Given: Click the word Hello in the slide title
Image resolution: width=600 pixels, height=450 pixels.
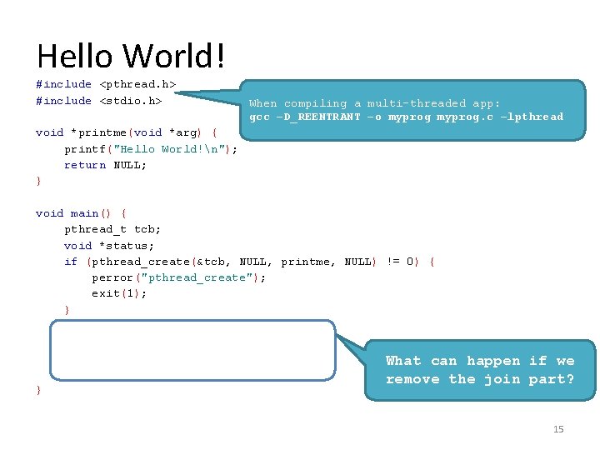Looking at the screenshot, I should (x=76, y=57).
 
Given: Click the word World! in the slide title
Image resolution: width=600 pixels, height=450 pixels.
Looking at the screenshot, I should (x=175, y=57).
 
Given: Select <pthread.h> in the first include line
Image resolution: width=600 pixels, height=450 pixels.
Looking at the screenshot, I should (x=137, y=84).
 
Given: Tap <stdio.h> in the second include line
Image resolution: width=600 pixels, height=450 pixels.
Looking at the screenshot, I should (x=131, y=101).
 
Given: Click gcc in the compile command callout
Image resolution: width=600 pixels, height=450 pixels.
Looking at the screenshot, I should (x=260, y=117).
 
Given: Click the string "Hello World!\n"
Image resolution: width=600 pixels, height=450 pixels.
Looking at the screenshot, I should (x=175, y=149).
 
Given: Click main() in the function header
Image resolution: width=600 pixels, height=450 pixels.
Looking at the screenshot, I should (x=85, y=213).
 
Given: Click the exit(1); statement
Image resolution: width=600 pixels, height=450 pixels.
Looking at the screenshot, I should (x=119, y=293).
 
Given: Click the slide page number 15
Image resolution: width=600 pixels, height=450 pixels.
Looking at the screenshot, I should (x=558, y=429).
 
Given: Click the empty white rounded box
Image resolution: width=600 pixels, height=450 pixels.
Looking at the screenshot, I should (x=192, y=350).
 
